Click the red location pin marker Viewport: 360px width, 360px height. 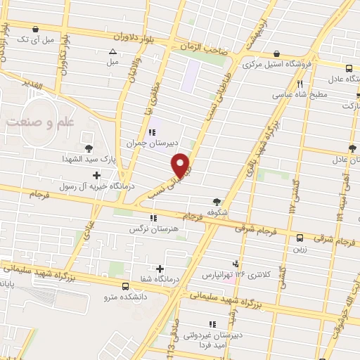pyautogui.click(x=181, y=165)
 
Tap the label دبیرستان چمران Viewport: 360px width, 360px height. pyautogui.click(x=148, y=142)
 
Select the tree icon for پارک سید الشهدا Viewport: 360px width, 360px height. pyautogui.click(x=89, y=148)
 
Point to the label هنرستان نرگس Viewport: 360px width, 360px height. pyautogui.click(x=150, y=229)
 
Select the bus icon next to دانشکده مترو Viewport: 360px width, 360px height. pyautogui.click(x=125, y=286)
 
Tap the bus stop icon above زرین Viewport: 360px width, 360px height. pyautogui.click(x=300, y=238)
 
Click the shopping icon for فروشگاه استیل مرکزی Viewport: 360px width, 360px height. pyautogui.click(x=276, y=53)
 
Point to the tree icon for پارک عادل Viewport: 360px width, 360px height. pyautogui.click(x=352, y=148)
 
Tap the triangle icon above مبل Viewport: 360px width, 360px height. pyautogui.click(x=112, y=51)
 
